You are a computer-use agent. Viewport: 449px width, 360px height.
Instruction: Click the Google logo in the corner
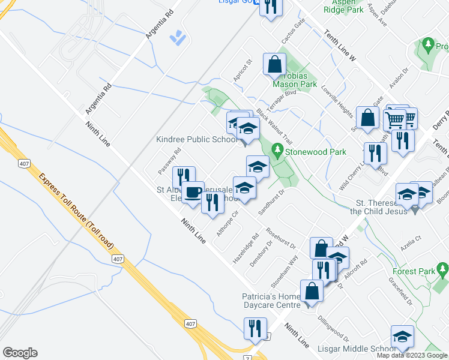coord(20,353)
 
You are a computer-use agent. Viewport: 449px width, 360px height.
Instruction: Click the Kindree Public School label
coord(196,140)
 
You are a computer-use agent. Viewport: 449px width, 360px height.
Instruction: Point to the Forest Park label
coord(418,272)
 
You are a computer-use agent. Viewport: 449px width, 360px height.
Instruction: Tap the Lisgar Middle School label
coord(358,349)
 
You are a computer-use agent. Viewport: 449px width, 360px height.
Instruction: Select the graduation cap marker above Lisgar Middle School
coord(402,337)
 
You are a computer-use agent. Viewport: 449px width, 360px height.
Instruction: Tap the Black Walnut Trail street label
coord(274,125)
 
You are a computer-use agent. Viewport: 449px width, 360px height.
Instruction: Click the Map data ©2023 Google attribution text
coord(412,355)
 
